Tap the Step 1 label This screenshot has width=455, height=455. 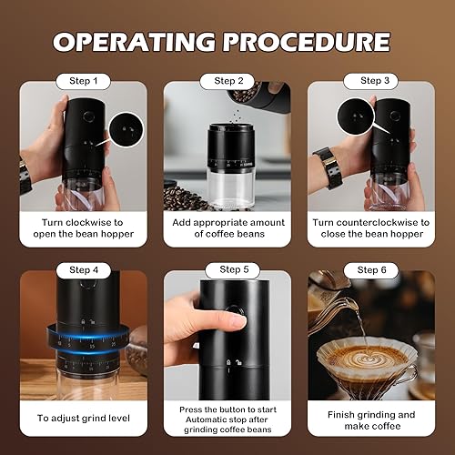pyautogui.click(x=84, y=81)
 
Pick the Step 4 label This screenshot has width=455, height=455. pyautogui.click(x=83, y=269)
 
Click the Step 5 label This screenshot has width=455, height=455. pyautogui.click(x=228, y=269)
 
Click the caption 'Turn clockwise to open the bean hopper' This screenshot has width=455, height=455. pyautogui.click(x=83, y=227)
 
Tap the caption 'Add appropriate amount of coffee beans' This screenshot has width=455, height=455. pyautogui.click(x=228, y=227)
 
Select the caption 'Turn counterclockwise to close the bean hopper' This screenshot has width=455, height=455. pyautogui.click(x=370, y=227)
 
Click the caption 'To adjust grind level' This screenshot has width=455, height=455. pyautogui.click(x=83, y=419)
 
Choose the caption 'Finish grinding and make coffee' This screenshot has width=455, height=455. pyautogui.click(x=370, y=419)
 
